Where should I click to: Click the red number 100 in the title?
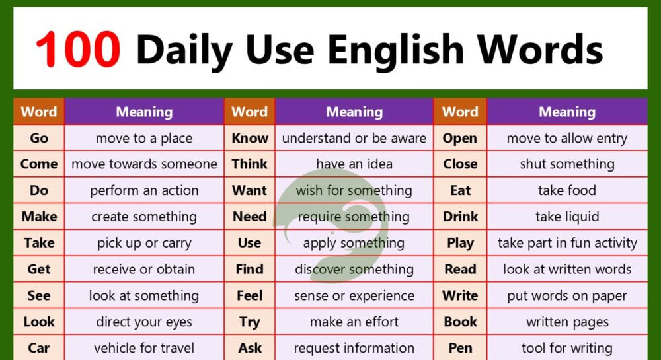click(x=78, y=49)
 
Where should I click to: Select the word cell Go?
click(x=39, y=138)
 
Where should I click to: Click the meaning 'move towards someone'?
click(x=144, y=164)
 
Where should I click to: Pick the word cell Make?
click(x=39, y=217)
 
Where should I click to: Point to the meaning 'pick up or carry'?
click(x=144, y=242)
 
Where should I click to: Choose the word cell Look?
click(x=39, y=322)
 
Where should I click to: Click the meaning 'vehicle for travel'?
click(x=144, y=348)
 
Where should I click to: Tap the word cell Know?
click(x=250, y=138)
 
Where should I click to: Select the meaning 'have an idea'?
click(x=354, y=164)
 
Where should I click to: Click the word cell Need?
click(x=250, y=217)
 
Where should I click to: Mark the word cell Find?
click(x=250, y=269)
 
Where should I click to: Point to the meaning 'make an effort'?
click(x=354, y=322)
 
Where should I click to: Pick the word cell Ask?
click(x=250, y=348)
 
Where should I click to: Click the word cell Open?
click(x=460, y=138)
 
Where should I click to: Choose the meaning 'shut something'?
click(x=567, y=164)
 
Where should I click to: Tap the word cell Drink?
click(x=460, y=217)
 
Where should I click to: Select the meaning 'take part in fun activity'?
click(x=567, y=242)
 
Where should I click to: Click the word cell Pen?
click(x=460, y=348)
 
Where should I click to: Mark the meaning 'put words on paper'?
click(x=567, y=295)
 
